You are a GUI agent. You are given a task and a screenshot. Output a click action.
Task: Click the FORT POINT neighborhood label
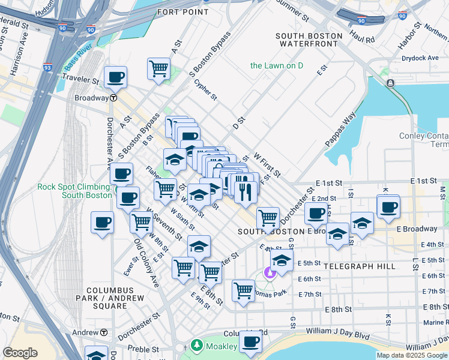(182, 12)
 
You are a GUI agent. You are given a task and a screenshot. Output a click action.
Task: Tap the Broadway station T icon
(113, 98)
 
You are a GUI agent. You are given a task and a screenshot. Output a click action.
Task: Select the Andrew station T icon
(104, 332)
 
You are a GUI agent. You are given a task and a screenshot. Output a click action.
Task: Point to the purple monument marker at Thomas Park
(270, 274)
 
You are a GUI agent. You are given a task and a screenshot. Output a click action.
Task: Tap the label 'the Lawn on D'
(277, 65)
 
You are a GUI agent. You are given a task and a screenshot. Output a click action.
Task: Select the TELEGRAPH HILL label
(360, 266)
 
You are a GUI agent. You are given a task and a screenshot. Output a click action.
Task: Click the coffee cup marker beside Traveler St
(115, 77)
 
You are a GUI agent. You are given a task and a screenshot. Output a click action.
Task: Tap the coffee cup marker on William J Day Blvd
(250, 341)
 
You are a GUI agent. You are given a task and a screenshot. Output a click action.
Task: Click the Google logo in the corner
(20, 353)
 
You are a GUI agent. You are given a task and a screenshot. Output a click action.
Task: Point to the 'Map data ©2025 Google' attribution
(412, 355)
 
